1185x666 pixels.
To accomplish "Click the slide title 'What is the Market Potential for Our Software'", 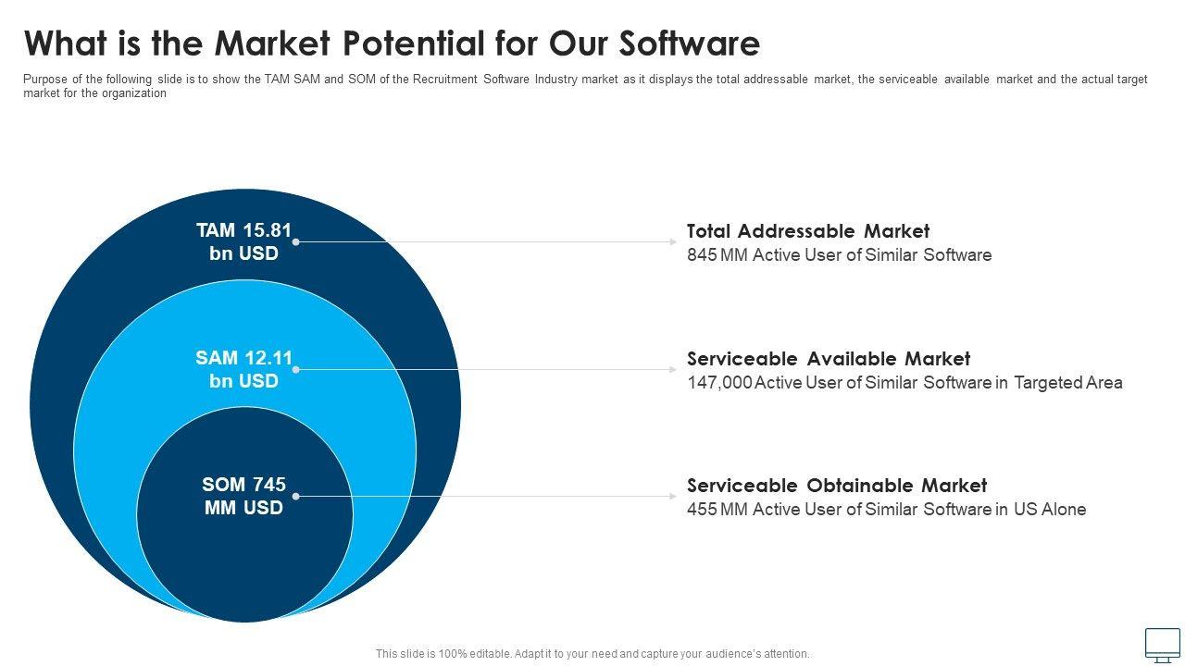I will click(x=392, y=43).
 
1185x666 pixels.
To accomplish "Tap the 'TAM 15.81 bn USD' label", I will click(x=243, y=241).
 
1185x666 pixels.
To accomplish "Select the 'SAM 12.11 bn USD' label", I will click(x=243, y=369).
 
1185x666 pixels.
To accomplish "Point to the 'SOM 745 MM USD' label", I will click(x=243, y=496).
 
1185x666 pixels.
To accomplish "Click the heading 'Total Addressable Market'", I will click(x=807, y=231).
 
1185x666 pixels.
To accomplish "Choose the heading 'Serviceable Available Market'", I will click(x=828, y=359).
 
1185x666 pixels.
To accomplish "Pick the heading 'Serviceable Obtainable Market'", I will click(x=836, y=486).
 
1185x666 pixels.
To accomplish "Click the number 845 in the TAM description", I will click(x=702, y=255).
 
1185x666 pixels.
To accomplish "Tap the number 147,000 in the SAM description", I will click(x=719, y=383).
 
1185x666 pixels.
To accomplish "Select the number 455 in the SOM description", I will click(x=702, y=510).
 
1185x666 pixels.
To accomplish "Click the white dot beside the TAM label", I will click(x=296, y=241).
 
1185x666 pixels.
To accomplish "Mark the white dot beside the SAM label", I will click(x=296, y=369).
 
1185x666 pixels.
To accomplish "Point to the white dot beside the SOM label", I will click(x=296, y=496).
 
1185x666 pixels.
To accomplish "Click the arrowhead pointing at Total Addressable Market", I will click(x=674, y=241).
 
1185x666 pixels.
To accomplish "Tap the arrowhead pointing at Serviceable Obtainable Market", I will click(x=674, y=496).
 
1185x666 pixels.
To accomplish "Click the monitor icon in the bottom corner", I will click(x=1163, y=645).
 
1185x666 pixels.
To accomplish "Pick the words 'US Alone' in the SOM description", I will click(x=1050, y=510).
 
